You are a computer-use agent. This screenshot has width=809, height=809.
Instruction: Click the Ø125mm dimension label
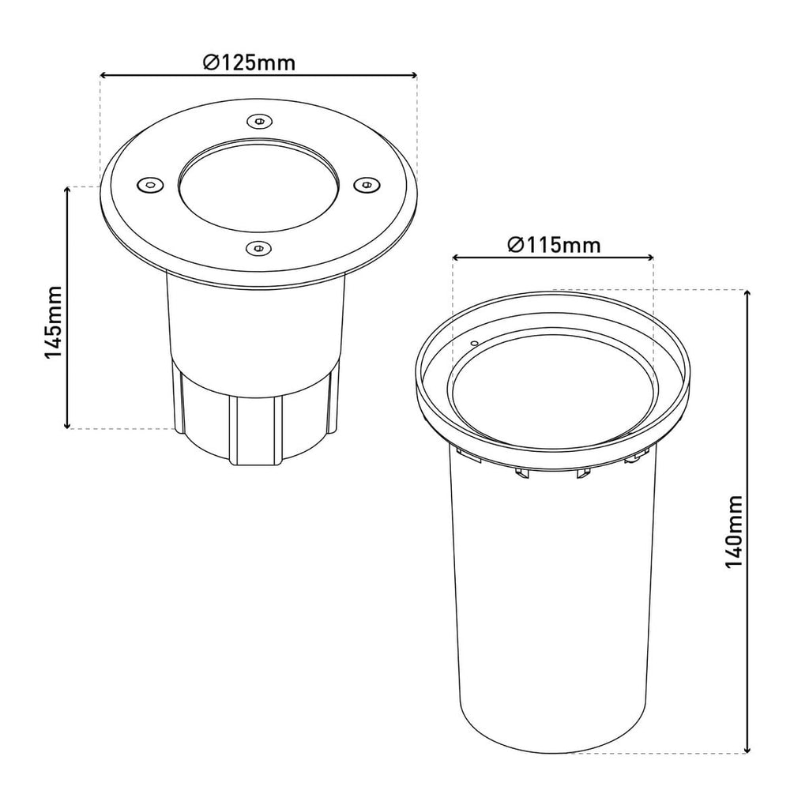[x=249, y=63]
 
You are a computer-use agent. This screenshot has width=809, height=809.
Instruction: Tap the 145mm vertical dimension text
[x=53, y=322]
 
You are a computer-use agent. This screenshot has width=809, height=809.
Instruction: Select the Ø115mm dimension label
[x=554, y=245]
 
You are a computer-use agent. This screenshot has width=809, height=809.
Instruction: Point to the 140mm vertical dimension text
[x=734, y=532]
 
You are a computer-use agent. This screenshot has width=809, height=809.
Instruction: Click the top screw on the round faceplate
[x=258, y=122]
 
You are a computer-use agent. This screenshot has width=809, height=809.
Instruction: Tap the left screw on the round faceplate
[x=149, y=184]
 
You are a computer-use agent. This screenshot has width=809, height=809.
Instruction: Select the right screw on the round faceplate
[x=366, y=183]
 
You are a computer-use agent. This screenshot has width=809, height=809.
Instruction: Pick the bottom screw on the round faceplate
[x=258, y=248]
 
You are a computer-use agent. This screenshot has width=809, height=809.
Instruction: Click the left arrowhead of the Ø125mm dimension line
[x=103, y=75]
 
